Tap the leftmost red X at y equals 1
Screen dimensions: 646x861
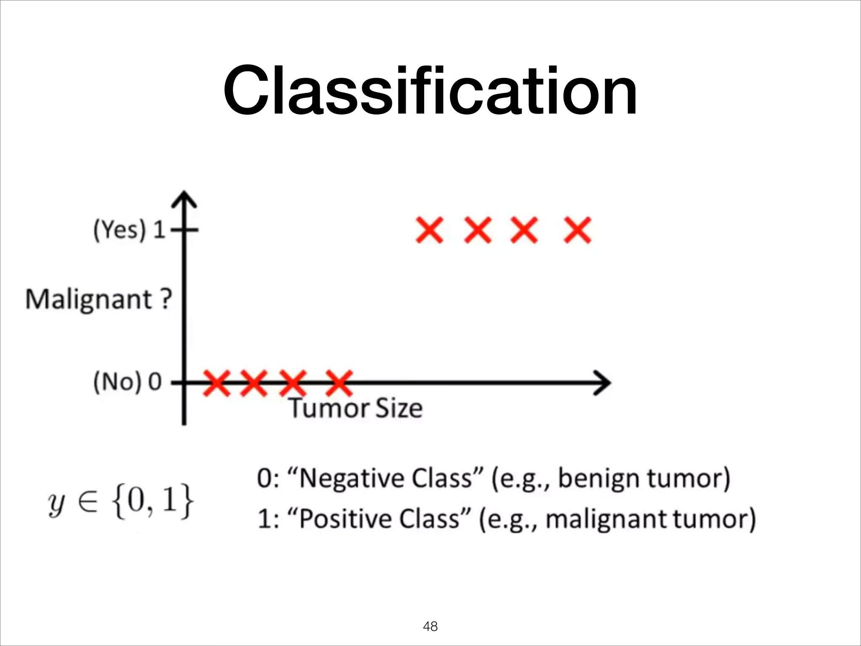429,230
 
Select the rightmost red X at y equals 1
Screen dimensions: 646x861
578,230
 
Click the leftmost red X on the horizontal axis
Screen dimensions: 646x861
217,383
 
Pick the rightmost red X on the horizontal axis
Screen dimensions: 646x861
339,383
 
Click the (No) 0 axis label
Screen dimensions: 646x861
127,382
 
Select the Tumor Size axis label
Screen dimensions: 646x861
356,408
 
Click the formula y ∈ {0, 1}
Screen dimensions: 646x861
121,501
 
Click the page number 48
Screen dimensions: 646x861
430,626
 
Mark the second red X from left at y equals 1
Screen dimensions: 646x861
478,230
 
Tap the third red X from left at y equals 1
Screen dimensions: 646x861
524,230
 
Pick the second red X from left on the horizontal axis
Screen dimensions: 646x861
254,383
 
